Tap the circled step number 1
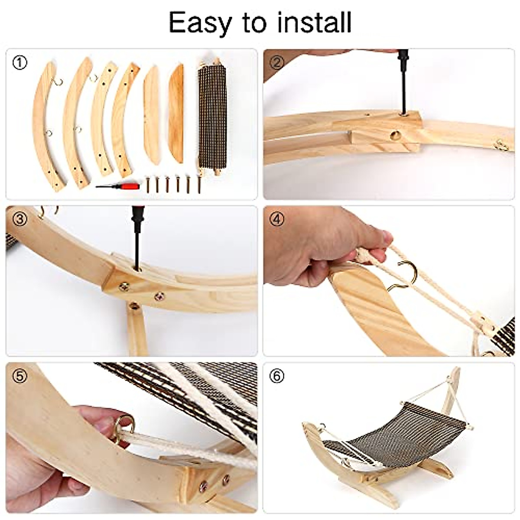click(19, 63)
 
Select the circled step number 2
click(277, 63)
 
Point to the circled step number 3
click(19, 219)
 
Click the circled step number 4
click(277, 219)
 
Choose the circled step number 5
click(19, 376)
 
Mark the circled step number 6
click(277, 376)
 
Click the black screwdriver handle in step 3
click(137, 225)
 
